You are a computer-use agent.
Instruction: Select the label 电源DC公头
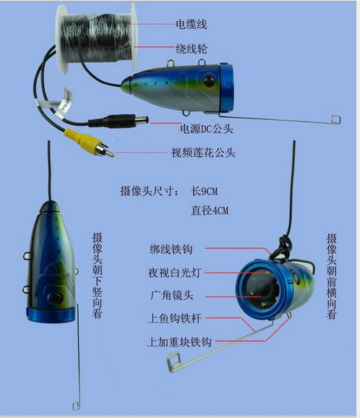(206, 129)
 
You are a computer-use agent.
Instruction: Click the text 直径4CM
(210, 210)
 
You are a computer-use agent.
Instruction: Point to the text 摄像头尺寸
(147, 192)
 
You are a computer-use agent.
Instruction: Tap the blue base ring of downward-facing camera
(51, 314)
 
